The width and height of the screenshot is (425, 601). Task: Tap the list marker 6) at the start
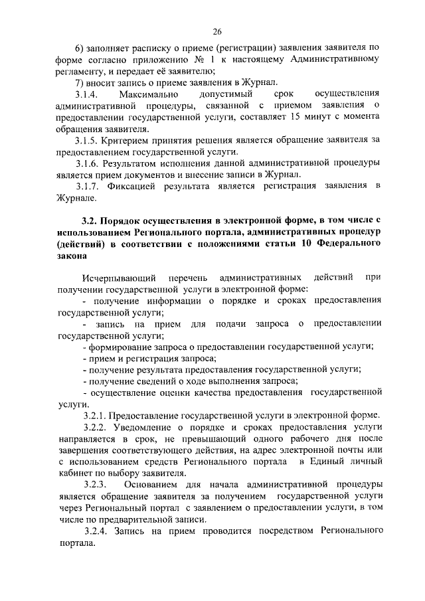pos(80,48)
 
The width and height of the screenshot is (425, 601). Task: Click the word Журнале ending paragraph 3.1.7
pos(76,198)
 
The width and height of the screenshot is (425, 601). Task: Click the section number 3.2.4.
pos(97,531)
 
